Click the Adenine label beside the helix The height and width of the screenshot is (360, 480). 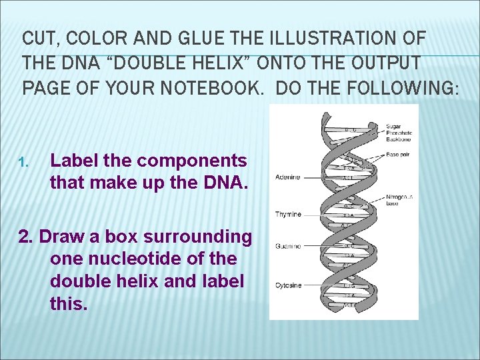click(288, 177)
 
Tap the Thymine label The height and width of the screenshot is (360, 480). click(288, 215)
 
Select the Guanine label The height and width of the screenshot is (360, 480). click(288, 247)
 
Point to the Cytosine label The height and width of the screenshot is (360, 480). click(288, 285)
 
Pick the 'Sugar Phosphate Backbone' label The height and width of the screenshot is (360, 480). click(399, 133)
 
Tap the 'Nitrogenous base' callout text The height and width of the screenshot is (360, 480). click(400, 201)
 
